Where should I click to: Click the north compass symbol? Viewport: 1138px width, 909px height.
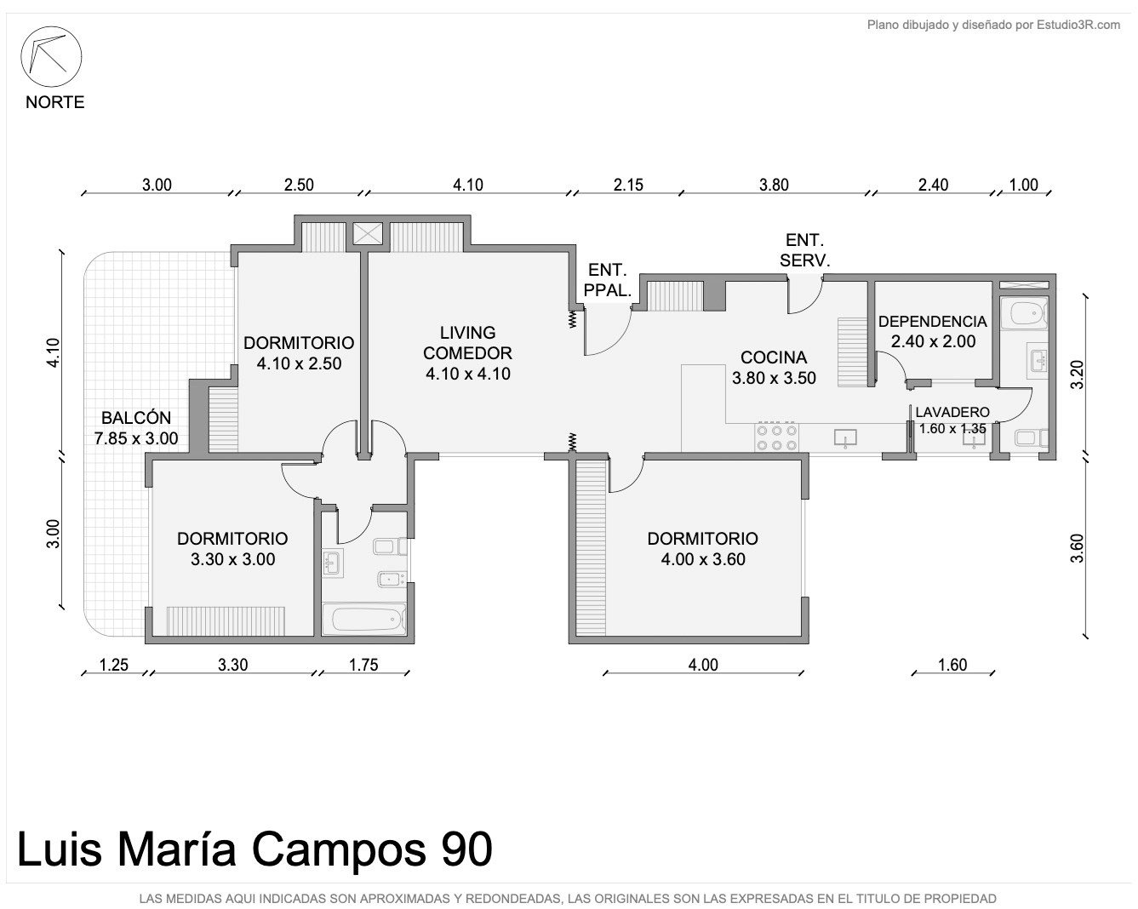pyautogui.click(x=51, y=56)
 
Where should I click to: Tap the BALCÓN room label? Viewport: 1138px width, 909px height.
pyautogui.click(x=136, y=418)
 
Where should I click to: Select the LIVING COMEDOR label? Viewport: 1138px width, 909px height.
pyautogui.click(x=467, y=343)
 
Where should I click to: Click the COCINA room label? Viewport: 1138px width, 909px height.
pyautogui.click(x=774, y=357)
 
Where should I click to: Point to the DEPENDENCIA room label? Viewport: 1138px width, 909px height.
pyautogui.click(x=933, y=322)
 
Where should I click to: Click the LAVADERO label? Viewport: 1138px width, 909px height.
pyautogui.click(x=952, y=412)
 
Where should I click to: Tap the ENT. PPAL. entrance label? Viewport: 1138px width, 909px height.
pyautogui.click(x=608, y=280)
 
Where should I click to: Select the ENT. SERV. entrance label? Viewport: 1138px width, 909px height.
pyautogui.click(x=805, y=250)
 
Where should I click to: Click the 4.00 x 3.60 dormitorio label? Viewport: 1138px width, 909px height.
pyautogui.click(x=703, y=559)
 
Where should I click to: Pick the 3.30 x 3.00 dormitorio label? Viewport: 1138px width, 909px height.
pyautogui.click(x=232, y=559)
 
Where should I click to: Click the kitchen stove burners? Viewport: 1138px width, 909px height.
pyautogui.click(x=776, y=437)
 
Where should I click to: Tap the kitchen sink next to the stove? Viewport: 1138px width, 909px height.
pyautogui.click(x=845, y=437)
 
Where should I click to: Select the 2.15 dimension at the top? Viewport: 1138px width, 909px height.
pyautogui.click(x=628, y=185)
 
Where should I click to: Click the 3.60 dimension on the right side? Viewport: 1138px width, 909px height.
pyautogui.click(x=1077, y=548)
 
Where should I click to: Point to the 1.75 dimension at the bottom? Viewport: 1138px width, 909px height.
pyautogui.click(x=363, y=665)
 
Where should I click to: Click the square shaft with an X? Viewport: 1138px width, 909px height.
pyautogui.click(x=368, y=234)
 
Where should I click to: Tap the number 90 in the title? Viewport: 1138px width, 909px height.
pyautogui.click(x=467, y=849)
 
